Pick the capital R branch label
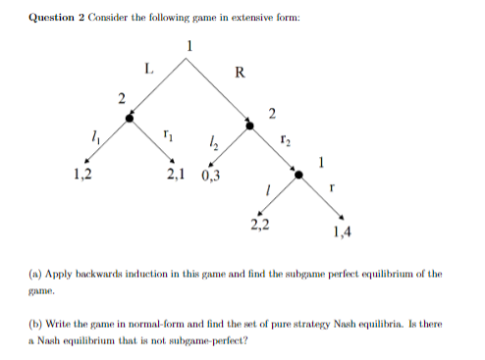(x=241, y=71)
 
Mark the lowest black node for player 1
(x=301, y=173)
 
